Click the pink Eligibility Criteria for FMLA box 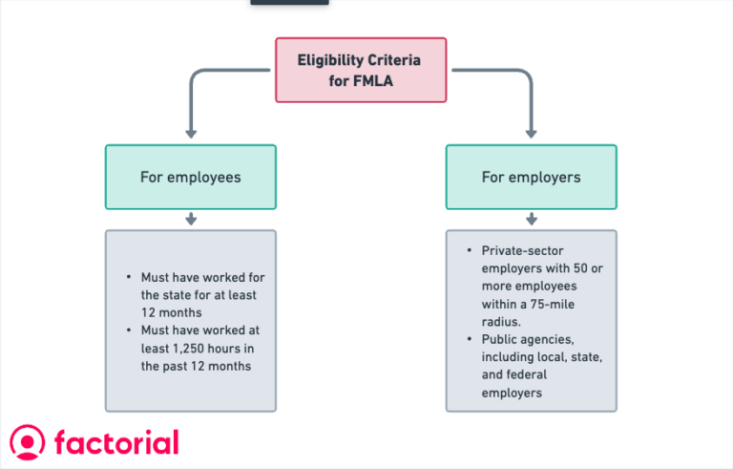361,70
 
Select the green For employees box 190,177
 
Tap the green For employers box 531,177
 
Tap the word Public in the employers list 502,339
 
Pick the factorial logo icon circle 28,442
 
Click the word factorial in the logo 116,442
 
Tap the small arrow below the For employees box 191,220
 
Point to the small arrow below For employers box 532,220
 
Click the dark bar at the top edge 289,2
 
